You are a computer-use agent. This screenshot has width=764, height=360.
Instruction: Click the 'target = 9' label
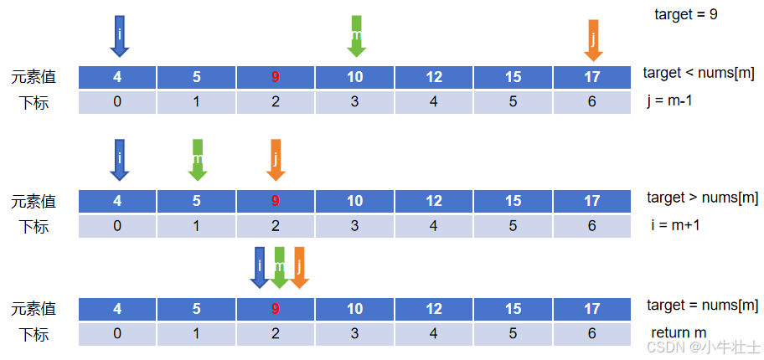[685, 14]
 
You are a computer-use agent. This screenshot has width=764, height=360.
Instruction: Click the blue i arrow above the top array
[119, 37]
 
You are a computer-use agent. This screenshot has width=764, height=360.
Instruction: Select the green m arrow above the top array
[357, 37]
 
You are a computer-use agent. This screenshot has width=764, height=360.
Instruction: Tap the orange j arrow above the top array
[593, 41]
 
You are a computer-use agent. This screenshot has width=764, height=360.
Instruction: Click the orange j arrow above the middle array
[276, 160]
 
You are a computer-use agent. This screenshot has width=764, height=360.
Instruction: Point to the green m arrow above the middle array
[198, 160]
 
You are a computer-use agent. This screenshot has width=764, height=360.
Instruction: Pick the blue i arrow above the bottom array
[260, 267]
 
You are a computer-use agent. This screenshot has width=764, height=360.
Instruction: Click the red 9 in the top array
[276, 77]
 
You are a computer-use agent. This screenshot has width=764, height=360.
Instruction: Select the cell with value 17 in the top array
[592, 77]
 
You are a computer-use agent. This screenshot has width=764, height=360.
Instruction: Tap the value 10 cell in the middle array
[354, 201]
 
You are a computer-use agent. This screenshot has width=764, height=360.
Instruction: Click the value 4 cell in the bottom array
[117, 309]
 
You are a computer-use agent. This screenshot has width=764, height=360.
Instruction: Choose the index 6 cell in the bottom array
[592, 334]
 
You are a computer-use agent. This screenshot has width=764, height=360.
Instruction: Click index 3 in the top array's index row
[354, 102]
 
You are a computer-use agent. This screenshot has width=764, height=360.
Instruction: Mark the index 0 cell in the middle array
[117, 226]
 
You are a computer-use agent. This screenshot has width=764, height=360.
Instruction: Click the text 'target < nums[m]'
[699, 74]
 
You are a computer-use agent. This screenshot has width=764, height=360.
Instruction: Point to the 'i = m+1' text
[675, 225]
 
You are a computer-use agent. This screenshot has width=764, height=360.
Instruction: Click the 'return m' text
[679, 333]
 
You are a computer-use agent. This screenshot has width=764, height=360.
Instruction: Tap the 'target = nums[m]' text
[703, 306]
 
